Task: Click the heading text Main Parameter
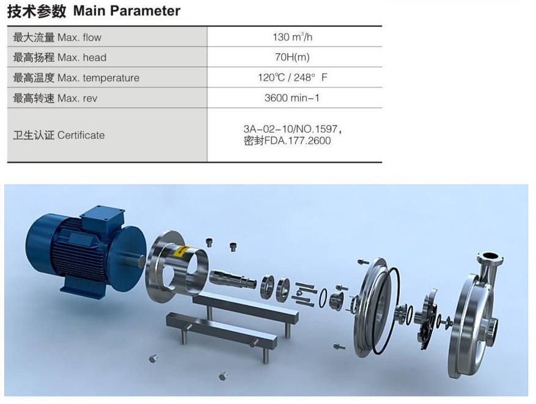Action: pos(127,11)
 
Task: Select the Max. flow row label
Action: pos(57,37)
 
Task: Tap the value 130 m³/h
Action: pos(293,37)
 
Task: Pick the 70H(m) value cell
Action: pos(292,57)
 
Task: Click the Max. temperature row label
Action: pos(76,78)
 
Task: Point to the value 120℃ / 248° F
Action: pos(293,78)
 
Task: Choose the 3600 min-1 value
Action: pos(292,98)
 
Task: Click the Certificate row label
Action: pos(59,135)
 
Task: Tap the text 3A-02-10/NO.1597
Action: pos(293,129)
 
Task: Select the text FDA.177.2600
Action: pos(298,141)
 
